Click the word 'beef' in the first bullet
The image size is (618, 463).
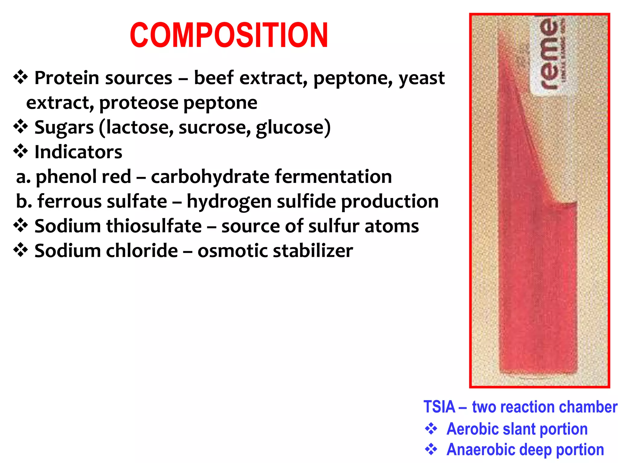[214, 78]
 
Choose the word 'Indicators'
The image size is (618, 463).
[78, 152]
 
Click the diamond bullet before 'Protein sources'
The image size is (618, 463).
[21, 77]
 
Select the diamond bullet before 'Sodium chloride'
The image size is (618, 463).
[21, 250]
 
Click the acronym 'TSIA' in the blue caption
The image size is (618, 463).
[439, 407]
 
